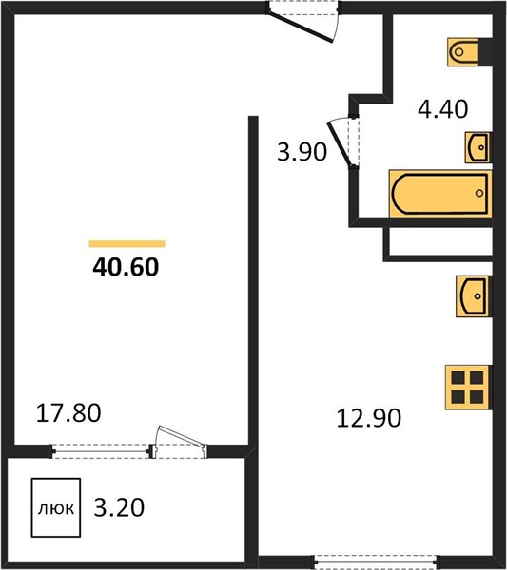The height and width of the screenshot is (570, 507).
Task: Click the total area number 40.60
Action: [126, 267]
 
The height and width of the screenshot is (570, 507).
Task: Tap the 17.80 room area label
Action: [68, 413]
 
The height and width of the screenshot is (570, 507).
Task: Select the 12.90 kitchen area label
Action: [369, 418]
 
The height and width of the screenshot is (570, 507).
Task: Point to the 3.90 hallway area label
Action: [302, 152]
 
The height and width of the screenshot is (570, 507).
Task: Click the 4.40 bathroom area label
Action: [442, 109]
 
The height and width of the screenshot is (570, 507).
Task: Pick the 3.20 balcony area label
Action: [119, 507]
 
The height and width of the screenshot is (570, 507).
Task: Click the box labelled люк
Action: [56, 507]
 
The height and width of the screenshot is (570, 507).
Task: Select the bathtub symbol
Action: [440, 194]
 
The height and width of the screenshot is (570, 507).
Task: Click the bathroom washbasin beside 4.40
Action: [478, 147]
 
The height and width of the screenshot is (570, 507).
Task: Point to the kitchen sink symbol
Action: [474, 296]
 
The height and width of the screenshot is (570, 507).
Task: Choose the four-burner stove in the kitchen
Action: [467, 388]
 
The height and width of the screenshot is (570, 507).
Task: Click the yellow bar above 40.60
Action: [127, 244]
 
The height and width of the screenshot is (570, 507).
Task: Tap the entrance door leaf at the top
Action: [300, 27]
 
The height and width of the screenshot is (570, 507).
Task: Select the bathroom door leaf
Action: [338, 143]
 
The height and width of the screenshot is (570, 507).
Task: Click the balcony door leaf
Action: [181, 436]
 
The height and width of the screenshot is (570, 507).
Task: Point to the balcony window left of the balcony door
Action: [100, 451]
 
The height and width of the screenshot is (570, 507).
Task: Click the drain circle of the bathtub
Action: [479, 193]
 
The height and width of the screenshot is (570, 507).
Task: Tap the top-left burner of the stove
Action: [458, 378]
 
